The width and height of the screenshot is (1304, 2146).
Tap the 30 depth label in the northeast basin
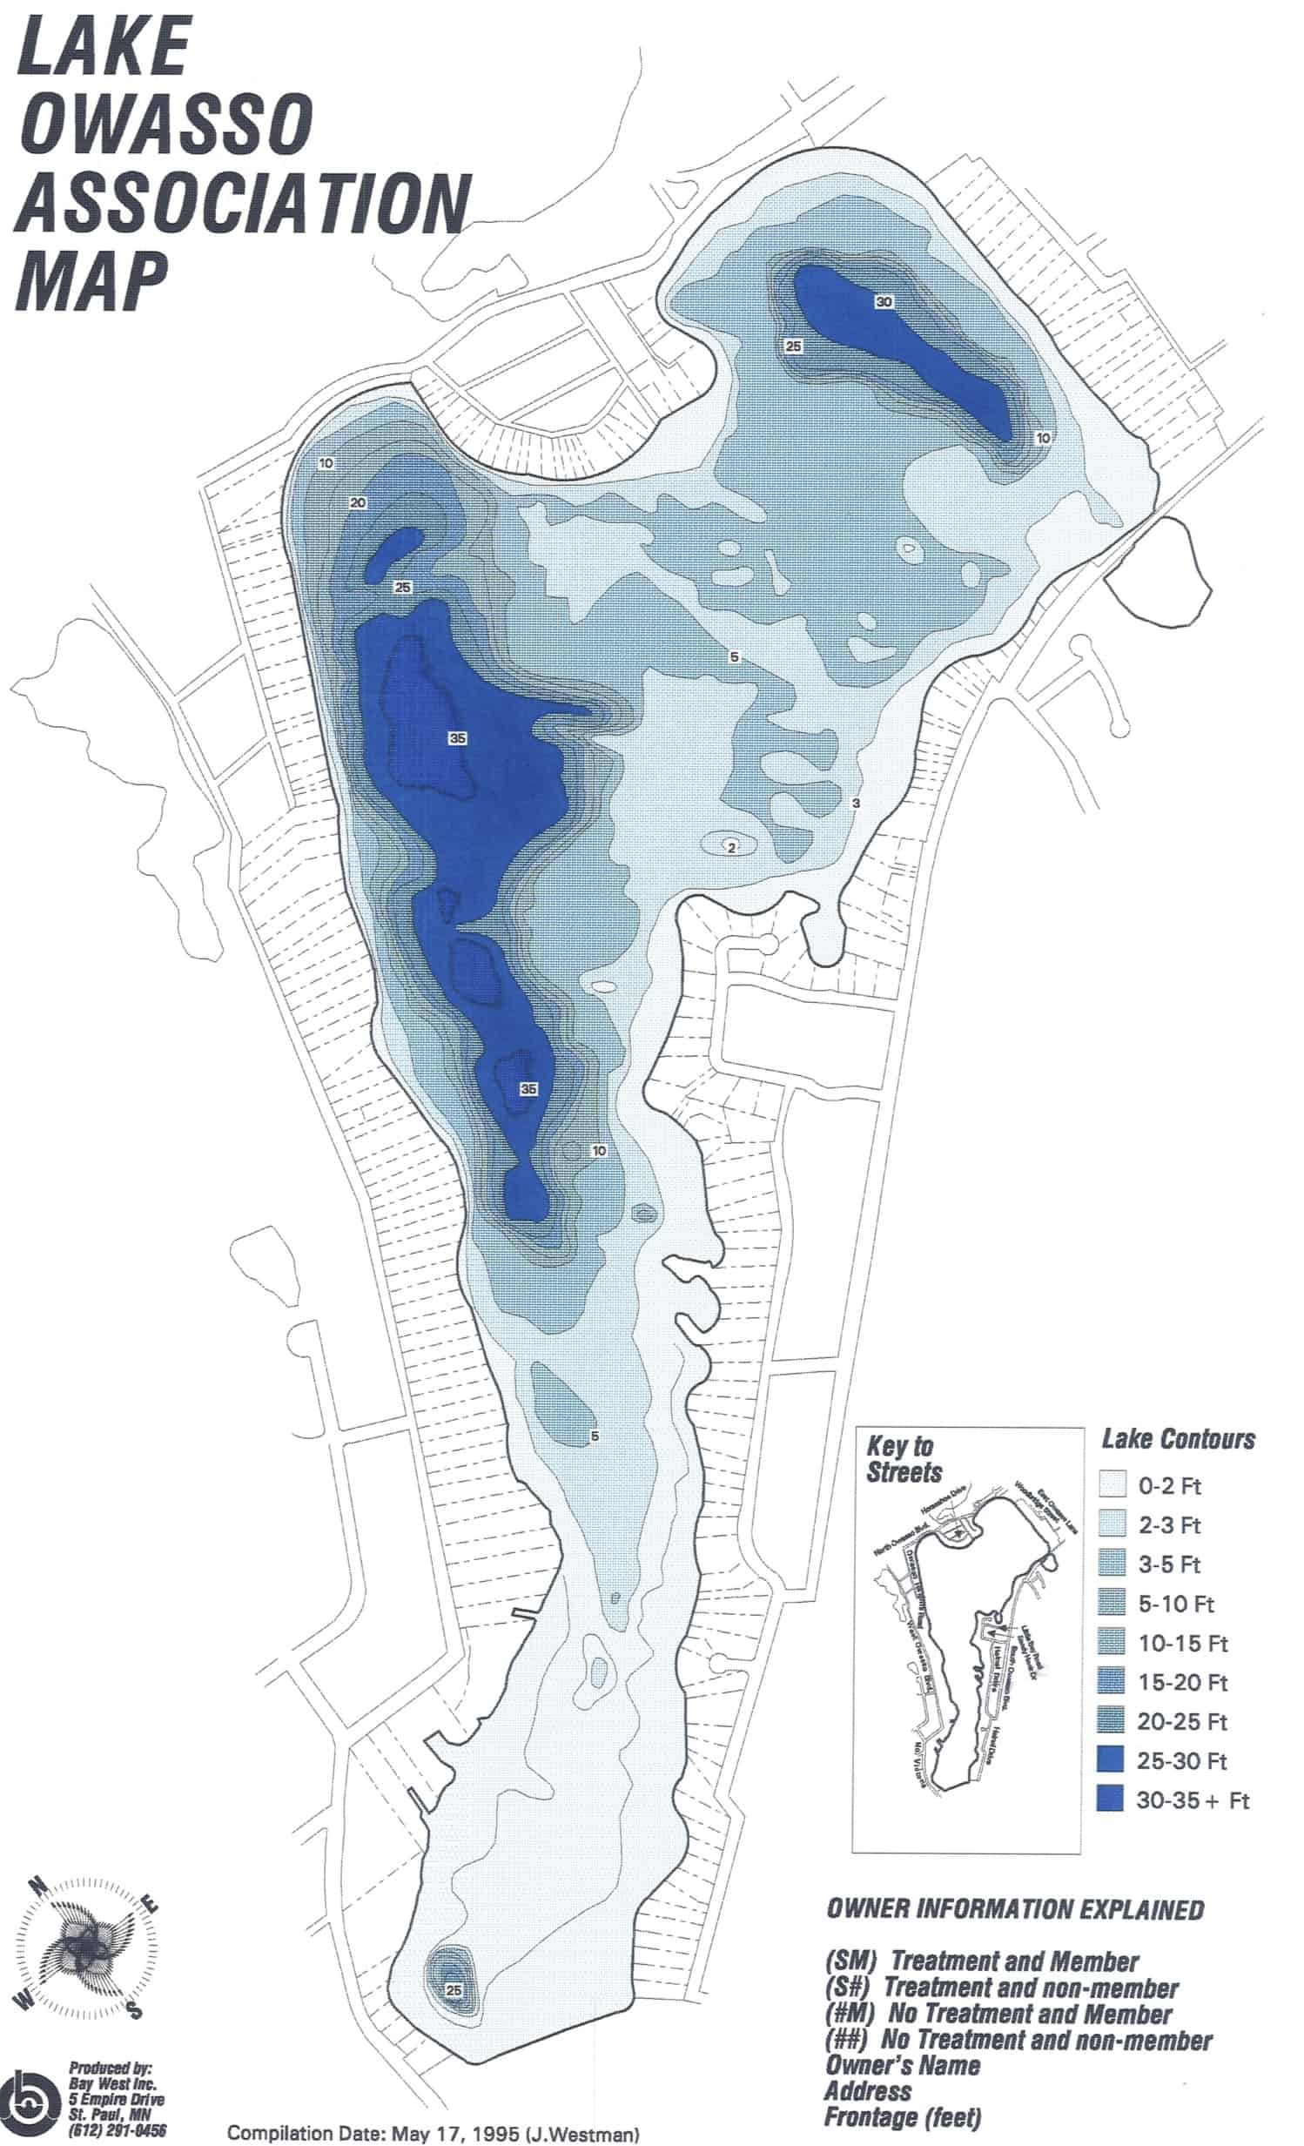(x=884, y=302)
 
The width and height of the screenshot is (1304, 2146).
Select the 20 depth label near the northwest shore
(x=357, y=502)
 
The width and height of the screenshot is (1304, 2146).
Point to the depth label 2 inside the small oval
(x=732, y=846)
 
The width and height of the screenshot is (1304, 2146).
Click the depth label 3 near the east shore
(x=856, y=803)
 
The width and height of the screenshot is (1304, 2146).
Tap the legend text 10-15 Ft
(x=1183, y=1643)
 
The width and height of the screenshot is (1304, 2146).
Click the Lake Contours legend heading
(x=1178, y=1439)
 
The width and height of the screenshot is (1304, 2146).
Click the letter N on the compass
(x=38, y=1887)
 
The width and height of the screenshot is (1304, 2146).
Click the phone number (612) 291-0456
(x=118, y=2131)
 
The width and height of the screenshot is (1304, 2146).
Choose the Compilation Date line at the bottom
(x=433, y=2134)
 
